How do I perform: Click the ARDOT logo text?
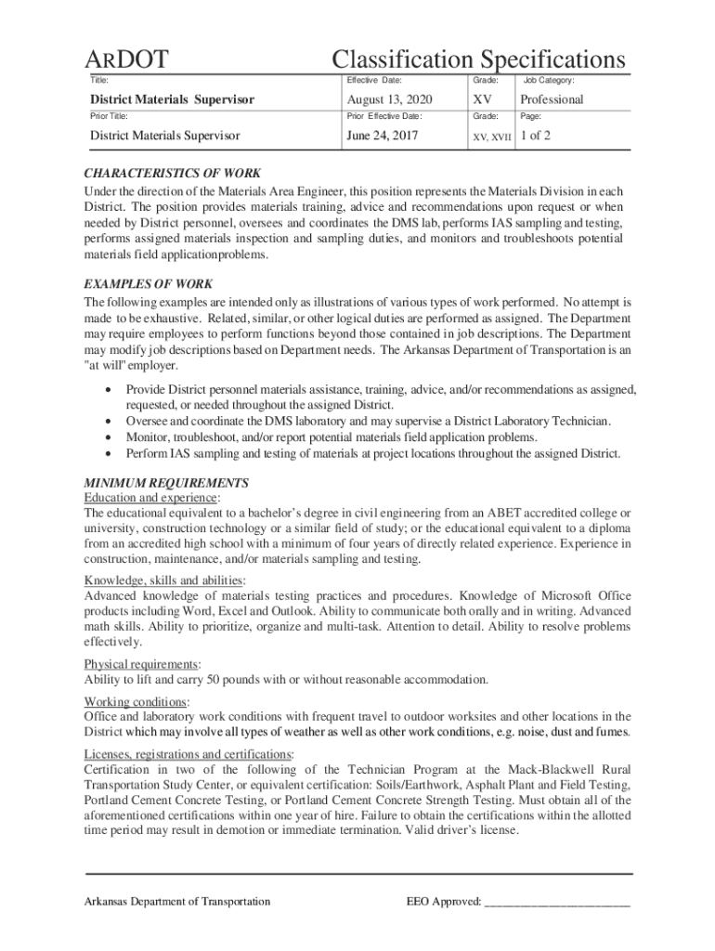click(x=128, y=60)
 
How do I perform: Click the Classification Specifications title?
click(x=478, y=60)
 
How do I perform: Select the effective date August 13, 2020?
click(x=389, y=99)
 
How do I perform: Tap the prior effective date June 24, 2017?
click(x=382, y=136)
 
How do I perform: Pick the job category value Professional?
click(x=552, y=99)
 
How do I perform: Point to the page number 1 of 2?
click(x=536, y=136)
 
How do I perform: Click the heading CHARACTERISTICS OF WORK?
click(x=173, y=173)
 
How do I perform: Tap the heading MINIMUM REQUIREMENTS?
click(x=166, y=483)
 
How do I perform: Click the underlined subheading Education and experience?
click(x=151, y=498)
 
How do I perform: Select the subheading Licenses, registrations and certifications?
click(x=188, y=753)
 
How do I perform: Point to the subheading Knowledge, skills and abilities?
click(x=163, y=580)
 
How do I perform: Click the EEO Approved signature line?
click(x=557, y=902)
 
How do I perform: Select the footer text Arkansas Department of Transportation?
click(x=177, y=902)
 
